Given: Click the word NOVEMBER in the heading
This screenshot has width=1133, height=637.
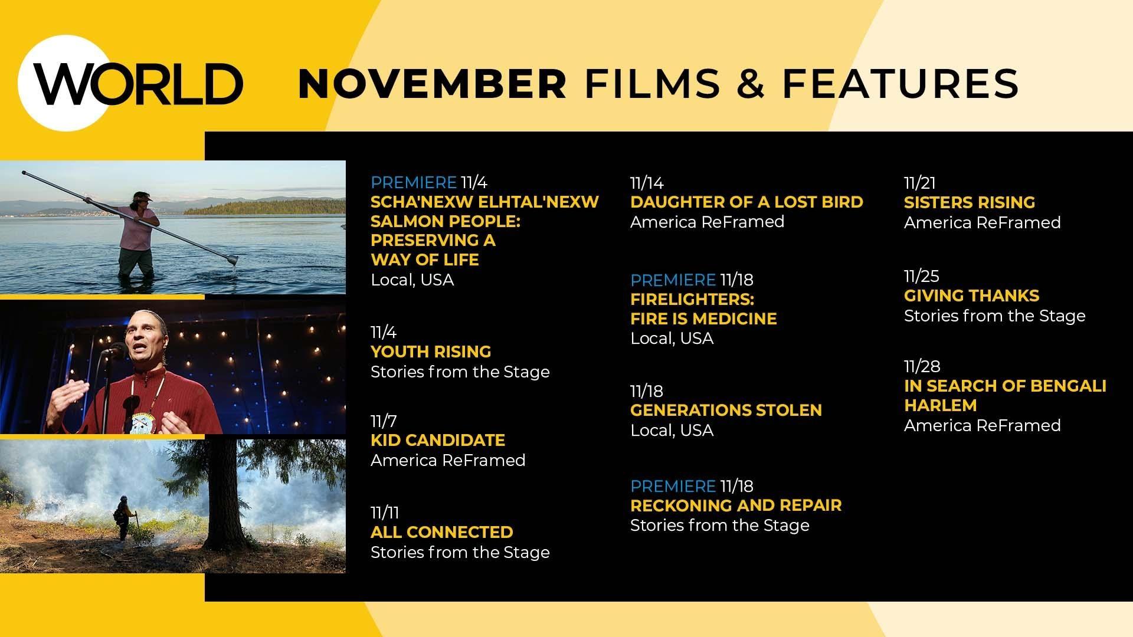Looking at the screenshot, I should coord(433,84).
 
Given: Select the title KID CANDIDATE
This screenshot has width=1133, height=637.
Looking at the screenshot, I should coord(437,441).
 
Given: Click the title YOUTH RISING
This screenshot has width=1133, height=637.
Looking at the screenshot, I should coord(430,352).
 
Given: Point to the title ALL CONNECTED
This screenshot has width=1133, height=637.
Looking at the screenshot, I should coord(441,533).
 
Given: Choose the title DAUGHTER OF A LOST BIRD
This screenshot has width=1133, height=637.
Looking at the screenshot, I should coord(746,202).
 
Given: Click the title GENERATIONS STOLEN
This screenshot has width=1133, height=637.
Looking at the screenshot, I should coord(725,411).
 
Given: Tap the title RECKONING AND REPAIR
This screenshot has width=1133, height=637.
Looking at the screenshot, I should coord(735,505).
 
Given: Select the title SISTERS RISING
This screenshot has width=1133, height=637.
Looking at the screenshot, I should coord(969,203).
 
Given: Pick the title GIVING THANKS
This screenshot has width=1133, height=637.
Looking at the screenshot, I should coord(971,296).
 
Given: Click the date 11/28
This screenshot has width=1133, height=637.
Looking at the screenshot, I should coord(922,367).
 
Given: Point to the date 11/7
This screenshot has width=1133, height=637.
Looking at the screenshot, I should coord(384,422).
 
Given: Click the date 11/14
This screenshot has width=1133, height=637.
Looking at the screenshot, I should coord(647,183).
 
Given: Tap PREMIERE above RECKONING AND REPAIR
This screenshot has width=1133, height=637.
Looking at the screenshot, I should coord(673,487).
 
